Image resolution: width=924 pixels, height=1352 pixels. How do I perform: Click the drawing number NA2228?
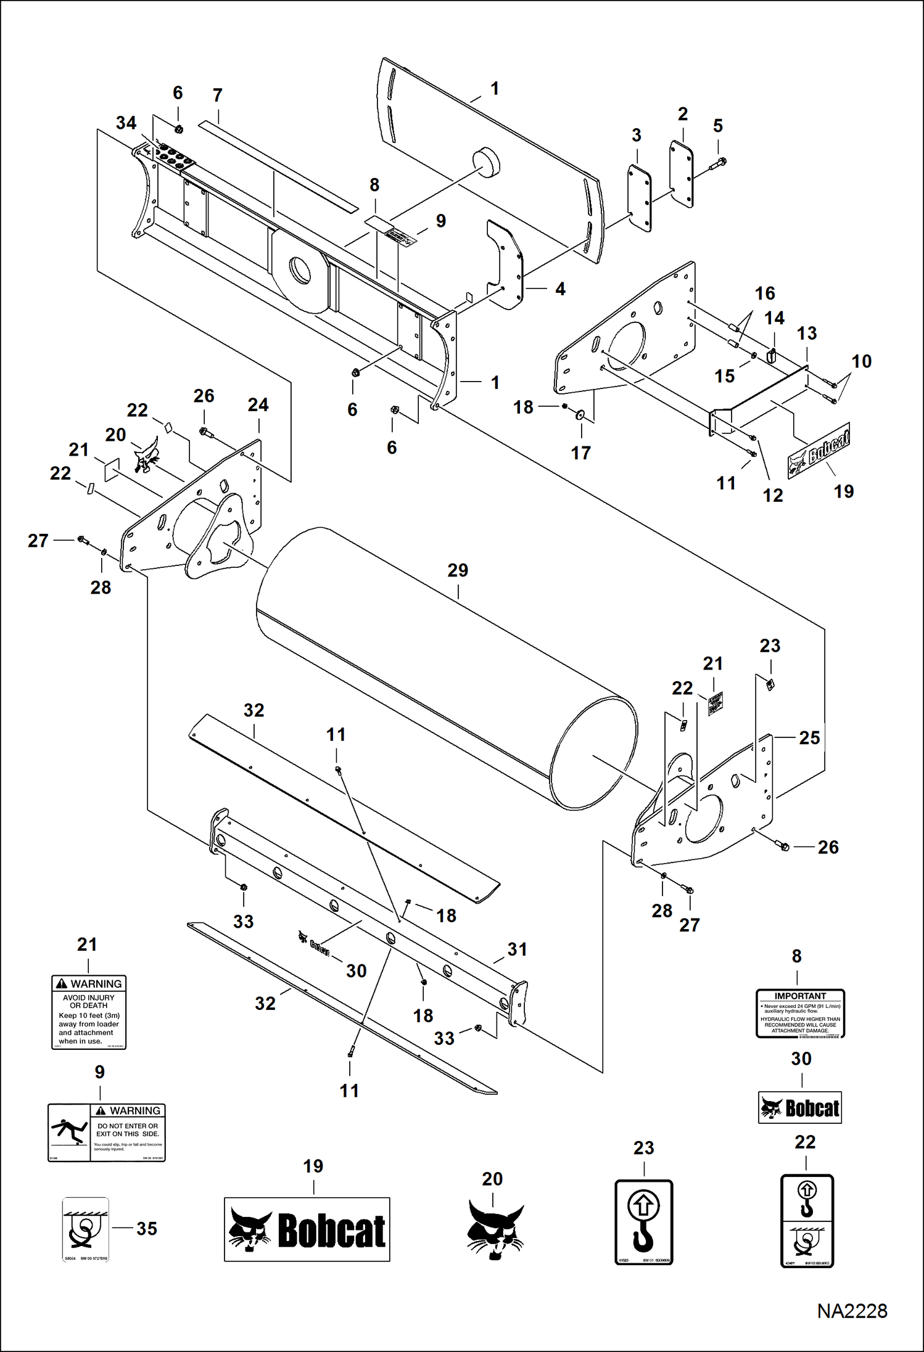(852, 1311)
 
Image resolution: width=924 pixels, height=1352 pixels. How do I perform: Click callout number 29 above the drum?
(458, 570)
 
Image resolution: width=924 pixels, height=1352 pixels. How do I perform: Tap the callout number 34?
(126, 123)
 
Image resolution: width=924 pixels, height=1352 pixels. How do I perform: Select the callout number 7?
(217, 96)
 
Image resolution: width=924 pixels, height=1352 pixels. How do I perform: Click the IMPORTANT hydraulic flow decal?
(800, 1014)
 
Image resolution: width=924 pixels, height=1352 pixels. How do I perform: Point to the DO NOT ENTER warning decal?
(107, 1133)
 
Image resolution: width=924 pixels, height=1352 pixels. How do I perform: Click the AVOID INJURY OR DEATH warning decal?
(89, 1012)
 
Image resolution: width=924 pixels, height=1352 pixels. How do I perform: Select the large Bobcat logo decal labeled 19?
(307, 1229)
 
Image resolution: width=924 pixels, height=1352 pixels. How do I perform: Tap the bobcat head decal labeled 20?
(495, 1229)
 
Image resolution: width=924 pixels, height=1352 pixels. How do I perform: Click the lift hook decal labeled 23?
(643, 1222)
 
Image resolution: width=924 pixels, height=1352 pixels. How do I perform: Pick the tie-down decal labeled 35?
(86, 1229)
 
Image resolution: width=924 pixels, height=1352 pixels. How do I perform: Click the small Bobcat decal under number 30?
(800, 1108)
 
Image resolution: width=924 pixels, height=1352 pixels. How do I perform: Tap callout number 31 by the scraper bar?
(517, 949)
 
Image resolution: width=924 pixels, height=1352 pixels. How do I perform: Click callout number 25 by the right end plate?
(809, 738)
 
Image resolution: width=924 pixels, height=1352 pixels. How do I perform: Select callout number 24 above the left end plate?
(258, 405)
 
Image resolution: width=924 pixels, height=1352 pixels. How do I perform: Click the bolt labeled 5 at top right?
(720, 163)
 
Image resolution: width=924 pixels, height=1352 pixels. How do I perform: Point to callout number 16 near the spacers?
(765, 293)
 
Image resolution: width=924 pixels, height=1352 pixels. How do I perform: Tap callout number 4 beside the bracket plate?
(560, 289)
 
